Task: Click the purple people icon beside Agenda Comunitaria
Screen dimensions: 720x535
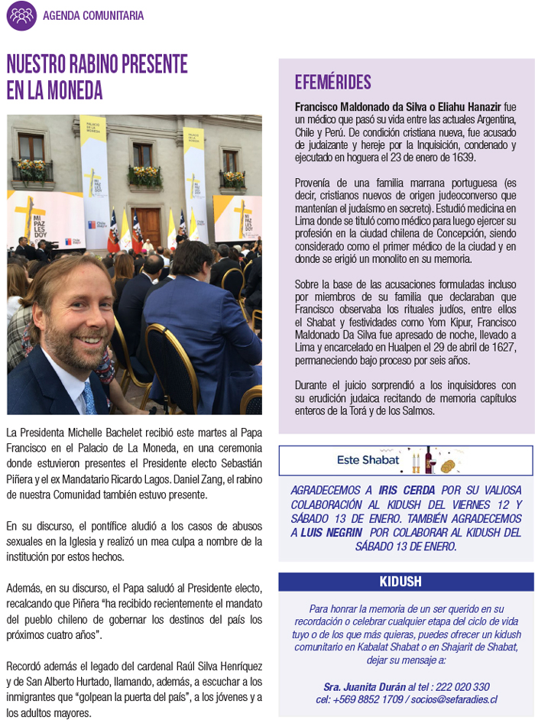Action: (21, 15)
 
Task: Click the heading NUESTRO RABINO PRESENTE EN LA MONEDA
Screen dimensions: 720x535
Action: (97, 76)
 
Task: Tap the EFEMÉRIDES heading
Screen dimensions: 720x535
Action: (333, 83)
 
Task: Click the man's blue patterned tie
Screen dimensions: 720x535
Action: (89, 397)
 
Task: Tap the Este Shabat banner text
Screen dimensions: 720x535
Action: (368, 460)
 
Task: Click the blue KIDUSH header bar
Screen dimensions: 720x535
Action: (406, 582)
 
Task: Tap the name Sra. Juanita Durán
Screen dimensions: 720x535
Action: (365, 686)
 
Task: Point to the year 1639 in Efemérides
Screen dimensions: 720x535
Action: (462, 157)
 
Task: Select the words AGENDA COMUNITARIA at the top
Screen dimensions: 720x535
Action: (93, 15)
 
